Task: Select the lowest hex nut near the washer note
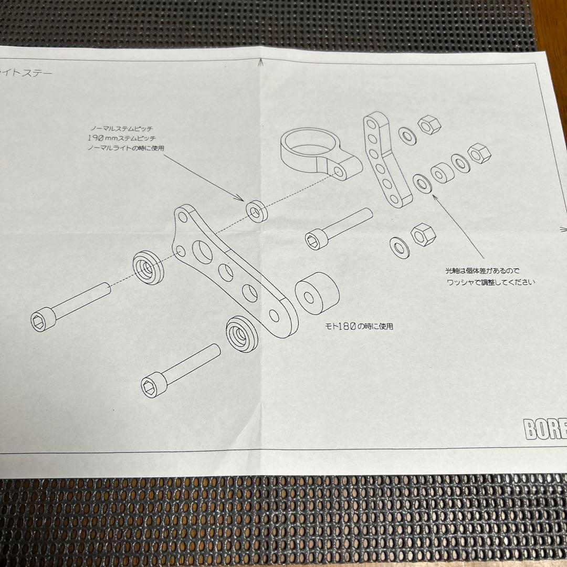pos(423,234)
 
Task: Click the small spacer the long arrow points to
pos(256,211)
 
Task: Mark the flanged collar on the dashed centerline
pos(149,267)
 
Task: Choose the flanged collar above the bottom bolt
pos(242,333)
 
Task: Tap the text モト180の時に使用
pos(359,326)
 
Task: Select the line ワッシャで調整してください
pos(490,282)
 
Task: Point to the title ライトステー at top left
pos(26,73)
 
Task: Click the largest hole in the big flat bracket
pos(202,252)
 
